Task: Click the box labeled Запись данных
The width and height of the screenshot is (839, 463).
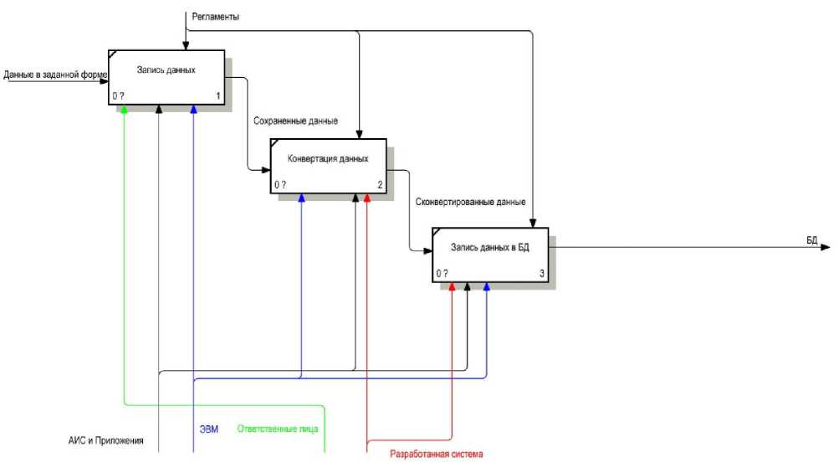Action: [x=167, y=78]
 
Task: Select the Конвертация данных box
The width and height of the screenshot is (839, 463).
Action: [x=328, y=166]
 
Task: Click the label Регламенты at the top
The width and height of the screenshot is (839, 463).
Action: [x=216, y=16]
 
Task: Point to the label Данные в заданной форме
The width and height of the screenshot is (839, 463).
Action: [x=55, y=75]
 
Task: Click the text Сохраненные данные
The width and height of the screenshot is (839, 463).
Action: [x=296, y=121]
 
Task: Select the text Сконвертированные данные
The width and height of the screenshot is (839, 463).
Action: [x=470, y=202]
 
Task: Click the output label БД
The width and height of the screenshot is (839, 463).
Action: [x=811, y=239]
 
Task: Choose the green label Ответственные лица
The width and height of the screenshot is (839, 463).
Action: [x=278, y=430]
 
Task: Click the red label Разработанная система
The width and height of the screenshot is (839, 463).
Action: [x=437, y=455]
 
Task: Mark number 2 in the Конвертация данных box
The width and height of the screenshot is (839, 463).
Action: [x=380, y=185]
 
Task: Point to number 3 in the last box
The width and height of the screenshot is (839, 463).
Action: [x=542, y=274]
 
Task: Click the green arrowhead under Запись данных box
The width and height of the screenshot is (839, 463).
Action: [x=124, y=110]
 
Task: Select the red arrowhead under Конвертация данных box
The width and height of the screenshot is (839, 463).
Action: [x=367, y=198]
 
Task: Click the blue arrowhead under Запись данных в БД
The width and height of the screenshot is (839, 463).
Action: [x=486, y=287]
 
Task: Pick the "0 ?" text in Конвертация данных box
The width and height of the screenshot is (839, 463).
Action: [x=280, y=185]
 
